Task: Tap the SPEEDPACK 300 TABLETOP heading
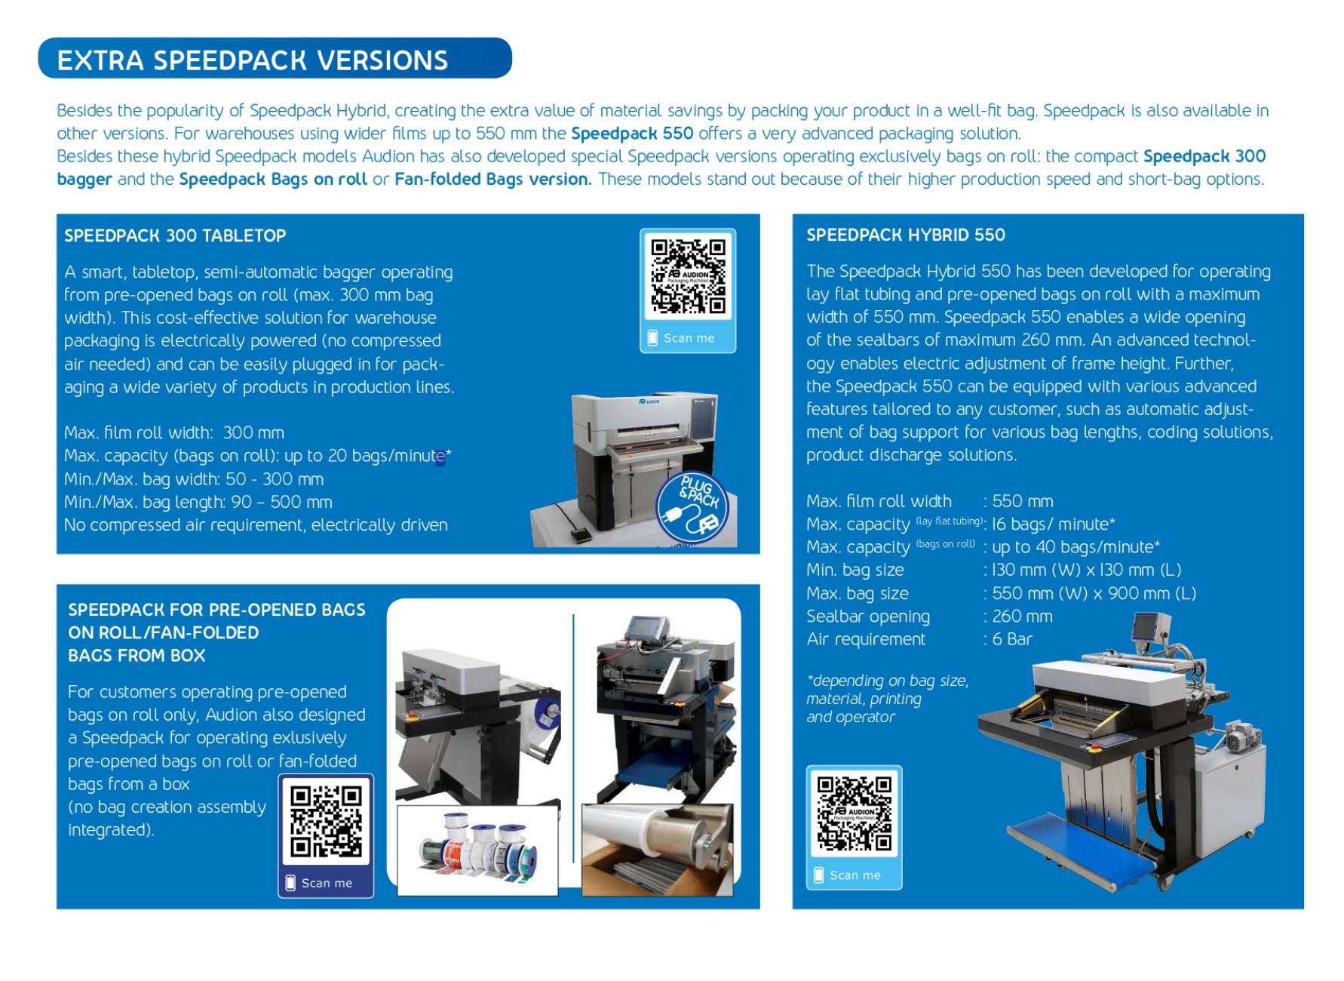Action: [175, 235]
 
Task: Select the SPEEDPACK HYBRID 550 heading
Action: [905, 235]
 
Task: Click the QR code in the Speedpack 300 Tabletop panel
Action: [688, 276]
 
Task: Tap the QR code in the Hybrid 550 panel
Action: [854, 813]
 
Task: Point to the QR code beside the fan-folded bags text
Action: [326, 821]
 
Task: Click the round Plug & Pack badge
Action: [692, 507]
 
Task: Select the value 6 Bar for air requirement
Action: [1012, 639]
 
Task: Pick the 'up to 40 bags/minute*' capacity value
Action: [1076, 547]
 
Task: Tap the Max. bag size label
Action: [857, 593]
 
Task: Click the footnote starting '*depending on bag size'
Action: [887, 698]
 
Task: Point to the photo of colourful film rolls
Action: [477, 850]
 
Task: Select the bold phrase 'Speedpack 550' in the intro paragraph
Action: [631, 134]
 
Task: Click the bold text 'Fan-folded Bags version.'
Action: [492, 180]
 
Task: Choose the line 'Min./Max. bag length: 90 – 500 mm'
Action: [198, 502]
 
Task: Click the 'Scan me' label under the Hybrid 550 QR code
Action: [855, 875]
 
